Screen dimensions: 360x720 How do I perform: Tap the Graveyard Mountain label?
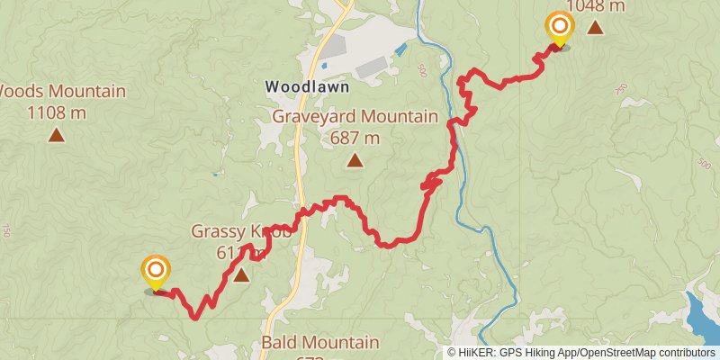point(355,117)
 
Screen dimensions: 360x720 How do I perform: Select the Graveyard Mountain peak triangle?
point(355,161)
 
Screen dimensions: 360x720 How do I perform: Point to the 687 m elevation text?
point(355,138)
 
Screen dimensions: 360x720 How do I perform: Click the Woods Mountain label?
point(61,91)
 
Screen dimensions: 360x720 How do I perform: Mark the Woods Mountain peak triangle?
point(56,136)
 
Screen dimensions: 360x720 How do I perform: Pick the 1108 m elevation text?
point(56,112)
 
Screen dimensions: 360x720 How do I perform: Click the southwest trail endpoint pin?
point(156,271)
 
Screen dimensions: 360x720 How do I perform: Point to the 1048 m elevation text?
point(595,5)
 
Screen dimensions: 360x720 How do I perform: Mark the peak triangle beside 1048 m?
point(595,28)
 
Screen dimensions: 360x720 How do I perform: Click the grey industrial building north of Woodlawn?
point(372,67)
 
